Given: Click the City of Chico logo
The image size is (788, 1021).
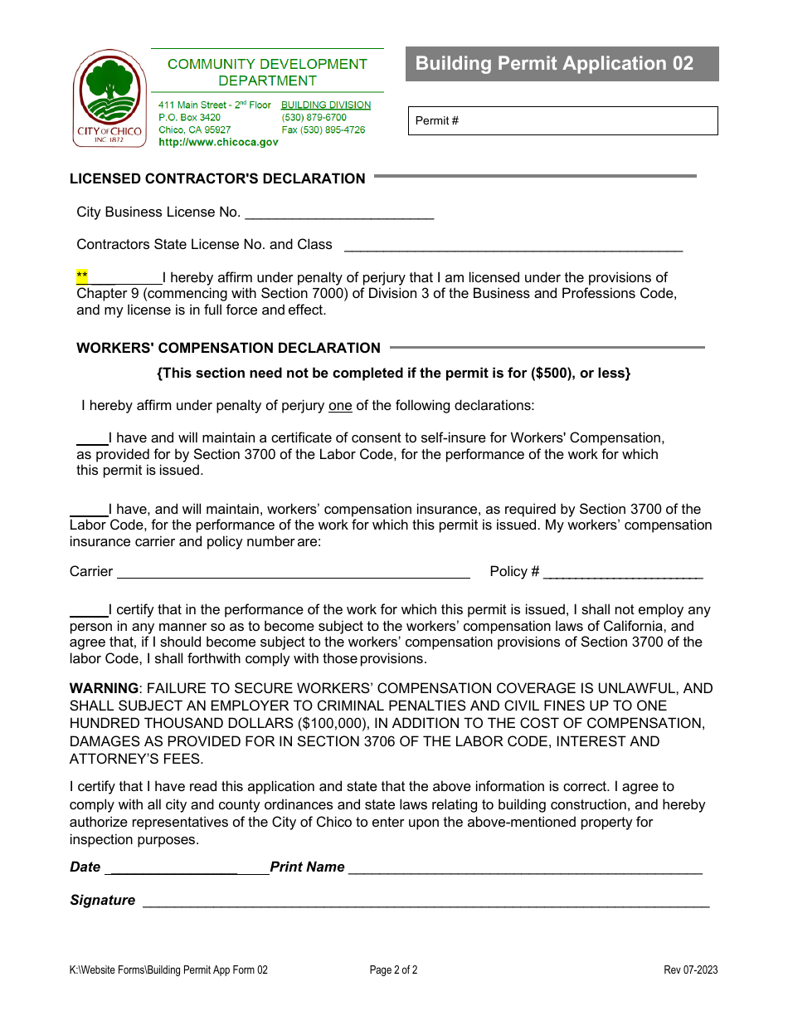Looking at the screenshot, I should click(109, 98).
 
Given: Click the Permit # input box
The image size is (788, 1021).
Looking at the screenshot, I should click(562, 121).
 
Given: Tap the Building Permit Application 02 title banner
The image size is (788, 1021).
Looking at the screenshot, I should click(562, 64).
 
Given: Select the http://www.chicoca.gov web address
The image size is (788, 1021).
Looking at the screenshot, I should click(218, 142).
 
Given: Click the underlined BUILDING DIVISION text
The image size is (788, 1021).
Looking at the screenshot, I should click(326, 105).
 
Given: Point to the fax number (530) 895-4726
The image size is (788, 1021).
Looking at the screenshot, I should click(323, 129).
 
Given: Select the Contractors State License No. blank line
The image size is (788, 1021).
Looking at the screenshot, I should click(513, 246).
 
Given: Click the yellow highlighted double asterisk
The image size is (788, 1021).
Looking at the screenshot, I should click(81, 276).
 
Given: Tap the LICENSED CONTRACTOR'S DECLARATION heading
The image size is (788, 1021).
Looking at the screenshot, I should click(217, 178).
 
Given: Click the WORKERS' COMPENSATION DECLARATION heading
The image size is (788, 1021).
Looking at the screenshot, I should click(228, 348).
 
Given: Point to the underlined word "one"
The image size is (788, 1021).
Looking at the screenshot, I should click(340, 406).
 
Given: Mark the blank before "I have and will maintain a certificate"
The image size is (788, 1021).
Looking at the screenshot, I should click(92, 439).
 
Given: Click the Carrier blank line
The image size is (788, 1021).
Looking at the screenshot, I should click(293, 572).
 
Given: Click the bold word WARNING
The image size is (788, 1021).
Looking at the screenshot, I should click(104, 688).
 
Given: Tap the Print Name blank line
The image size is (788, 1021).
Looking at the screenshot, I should click(524, 868).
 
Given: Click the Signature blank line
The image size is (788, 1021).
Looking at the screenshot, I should click(426, 902).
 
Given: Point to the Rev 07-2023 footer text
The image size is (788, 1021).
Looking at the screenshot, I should click(690, 970).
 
